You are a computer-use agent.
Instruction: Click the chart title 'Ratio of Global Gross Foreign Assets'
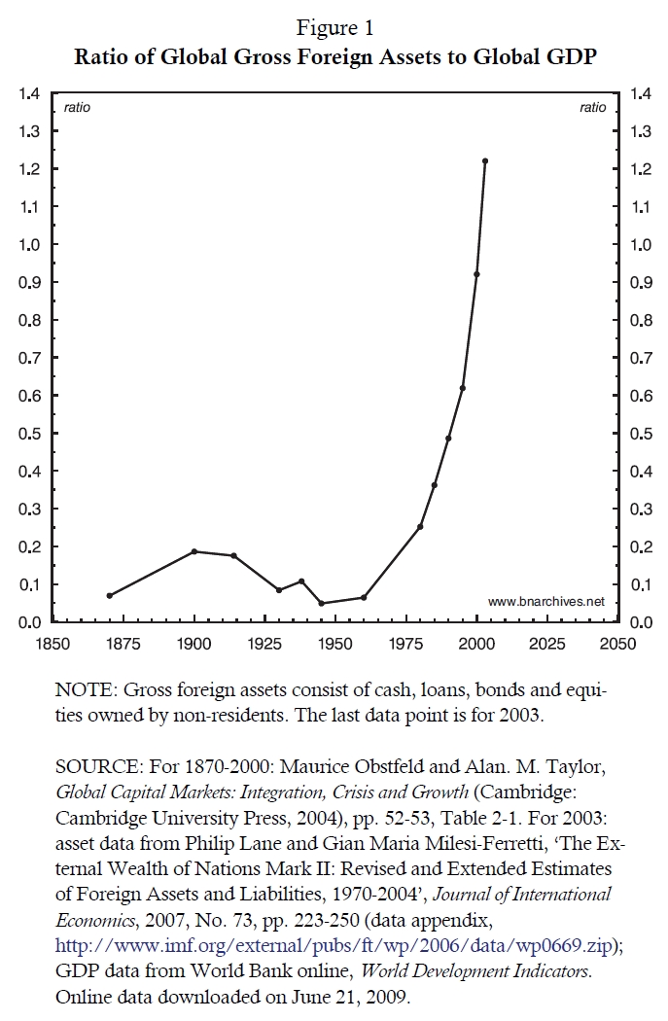(x=334, y=56)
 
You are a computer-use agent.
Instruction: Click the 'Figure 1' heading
(x=334, y=28)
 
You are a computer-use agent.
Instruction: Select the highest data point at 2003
(x=485, y=161)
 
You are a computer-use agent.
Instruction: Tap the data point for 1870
(x=110, y=595)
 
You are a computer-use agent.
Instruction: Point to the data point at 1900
(x=194, y=551)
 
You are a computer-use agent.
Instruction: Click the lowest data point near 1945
(x=321, y=604)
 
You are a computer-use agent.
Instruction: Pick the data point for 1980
(x=420, y=527)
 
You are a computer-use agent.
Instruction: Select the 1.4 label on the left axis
(x=29, y=93)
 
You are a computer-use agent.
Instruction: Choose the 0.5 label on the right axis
(x=642, y=434)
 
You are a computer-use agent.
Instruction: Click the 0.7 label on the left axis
(x=29, y=358)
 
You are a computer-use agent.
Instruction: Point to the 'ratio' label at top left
(x=77, y=108)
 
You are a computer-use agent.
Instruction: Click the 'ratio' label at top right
(x=592, y=108)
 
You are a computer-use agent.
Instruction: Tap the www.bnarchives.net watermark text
(x=545, y=602)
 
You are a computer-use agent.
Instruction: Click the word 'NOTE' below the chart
(x=85, y=690)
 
